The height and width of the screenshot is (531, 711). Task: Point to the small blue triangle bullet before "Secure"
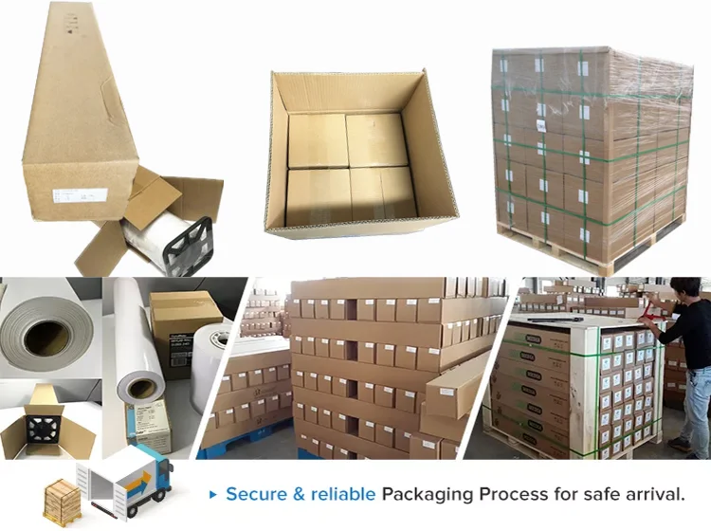point(214,495)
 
